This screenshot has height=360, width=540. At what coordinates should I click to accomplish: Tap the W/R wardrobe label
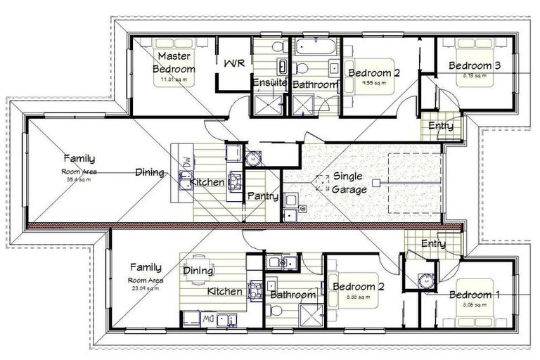pos(233,63)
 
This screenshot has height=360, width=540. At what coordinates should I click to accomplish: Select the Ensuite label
pos(269,83)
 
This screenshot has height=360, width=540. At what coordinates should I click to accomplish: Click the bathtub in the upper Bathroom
pos(316,48)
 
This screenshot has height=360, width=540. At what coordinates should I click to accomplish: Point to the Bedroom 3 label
pos(475,66)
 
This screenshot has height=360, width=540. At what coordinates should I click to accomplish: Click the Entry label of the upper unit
pos(440,127)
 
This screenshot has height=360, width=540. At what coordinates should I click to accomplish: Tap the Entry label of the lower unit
pos(432,244)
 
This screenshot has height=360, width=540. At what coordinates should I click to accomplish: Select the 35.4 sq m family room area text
pos(78,179)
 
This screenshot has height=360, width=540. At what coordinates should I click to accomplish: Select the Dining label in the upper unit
pos(150,172)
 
